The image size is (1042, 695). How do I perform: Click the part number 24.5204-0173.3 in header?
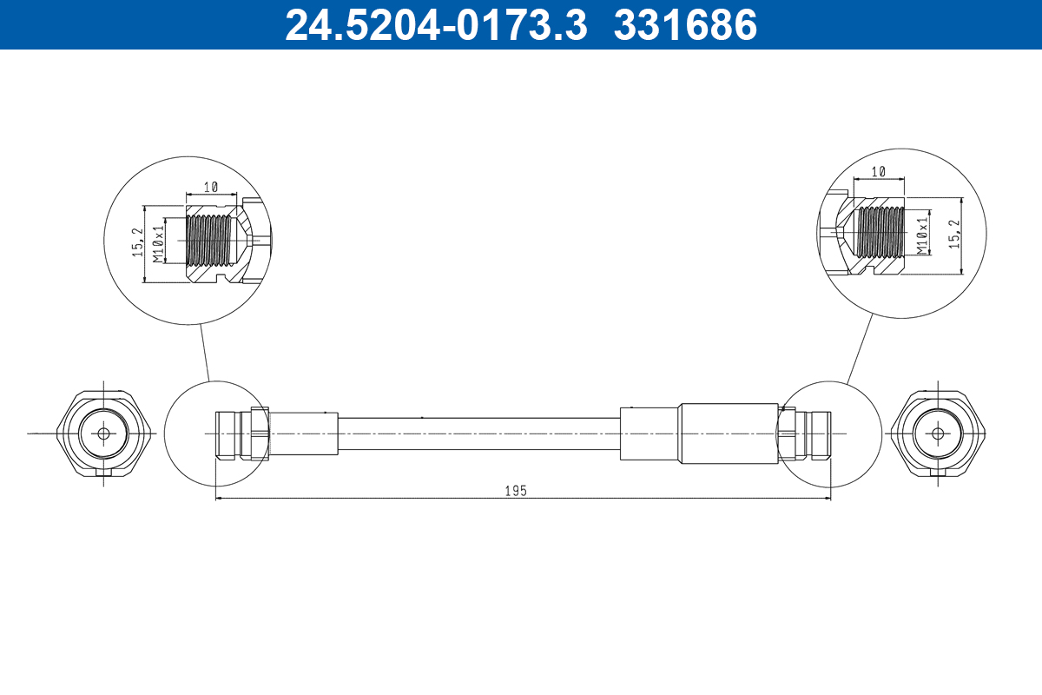pyautogui.click(x=437, y=25)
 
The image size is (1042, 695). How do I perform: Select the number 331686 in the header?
pyautogui.click(x=686, y=25)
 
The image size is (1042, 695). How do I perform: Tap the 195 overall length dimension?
pyautogui.click(x=516, y=491)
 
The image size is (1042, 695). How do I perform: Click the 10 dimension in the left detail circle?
pyautogui.click(x=210, y=187)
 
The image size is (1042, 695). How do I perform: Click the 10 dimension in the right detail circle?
pyautogui.click(x=878, y=172)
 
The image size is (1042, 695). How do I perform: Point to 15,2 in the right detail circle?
pyautogui.click(x=954, y=235)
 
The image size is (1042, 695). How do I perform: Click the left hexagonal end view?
pyautogui.click(x=104, y=433)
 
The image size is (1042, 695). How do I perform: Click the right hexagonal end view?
pyautogui.click(x=938, y=433)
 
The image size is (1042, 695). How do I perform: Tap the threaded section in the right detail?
pyautogui.click(x=880, y=233)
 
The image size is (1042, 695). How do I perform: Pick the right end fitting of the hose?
pyautogui.click(x=806, y=433)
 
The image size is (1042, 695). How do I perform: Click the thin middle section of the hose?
pyautogui.click(x=478, y=433)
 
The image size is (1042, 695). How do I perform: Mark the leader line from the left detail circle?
pyautogui.click(x=205, y=352)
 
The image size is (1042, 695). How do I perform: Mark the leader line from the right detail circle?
pyautogui.click(x=860, y=347)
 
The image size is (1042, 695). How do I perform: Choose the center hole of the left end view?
pyautogui.click(x=104, y=433)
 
